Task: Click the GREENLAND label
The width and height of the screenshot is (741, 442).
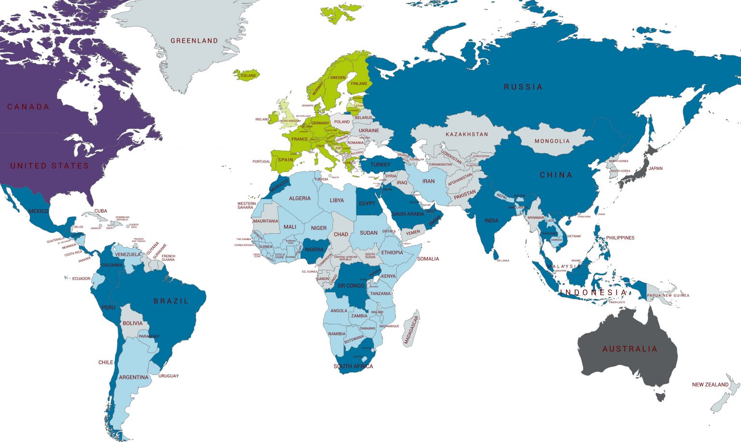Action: [x=194, y=41]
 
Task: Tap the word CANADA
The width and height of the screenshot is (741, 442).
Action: [x=28, y=107]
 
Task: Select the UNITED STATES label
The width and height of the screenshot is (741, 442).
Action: [x=49, y=166]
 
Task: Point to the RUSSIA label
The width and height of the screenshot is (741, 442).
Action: [x=523, y=87]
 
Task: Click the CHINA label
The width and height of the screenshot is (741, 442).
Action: [x=556, y=175]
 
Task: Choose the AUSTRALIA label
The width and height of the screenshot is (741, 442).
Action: [x=630, y=349]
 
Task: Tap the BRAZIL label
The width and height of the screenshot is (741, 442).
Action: [x=171, y=301]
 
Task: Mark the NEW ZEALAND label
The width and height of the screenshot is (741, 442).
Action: [x=710, y=385]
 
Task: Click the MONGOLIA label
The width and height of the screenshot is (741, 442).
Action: [x=552, y=141]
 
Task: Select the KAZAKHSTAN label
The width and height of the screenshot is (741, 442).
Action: [x=467, y=134]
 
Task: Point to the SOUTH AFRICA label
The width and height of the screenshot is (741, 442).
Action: [x=353, y=366]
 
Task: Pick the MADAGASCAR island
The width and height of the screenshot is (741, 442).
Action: [x=412, y=329]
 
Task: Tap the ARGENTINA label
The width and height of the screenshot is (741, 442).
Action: [x=134, y=377]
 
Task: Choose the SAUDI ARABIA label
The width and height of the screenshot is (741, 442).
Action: [x=408, y=214]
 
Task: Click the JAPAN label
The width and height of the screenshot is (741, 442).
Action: [x=655, y=169]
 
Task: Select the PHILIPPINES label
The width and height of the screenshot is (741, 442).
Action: [x=620, y=238]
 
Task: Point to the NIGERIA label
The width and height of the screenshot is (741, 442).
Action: [x=314, y=250]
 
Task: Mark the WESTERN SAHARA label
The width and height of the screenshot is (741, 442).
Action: [x=246, y=205]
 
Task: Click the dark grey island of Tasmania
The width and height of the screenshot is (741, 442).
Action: [x=661, y=397]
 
